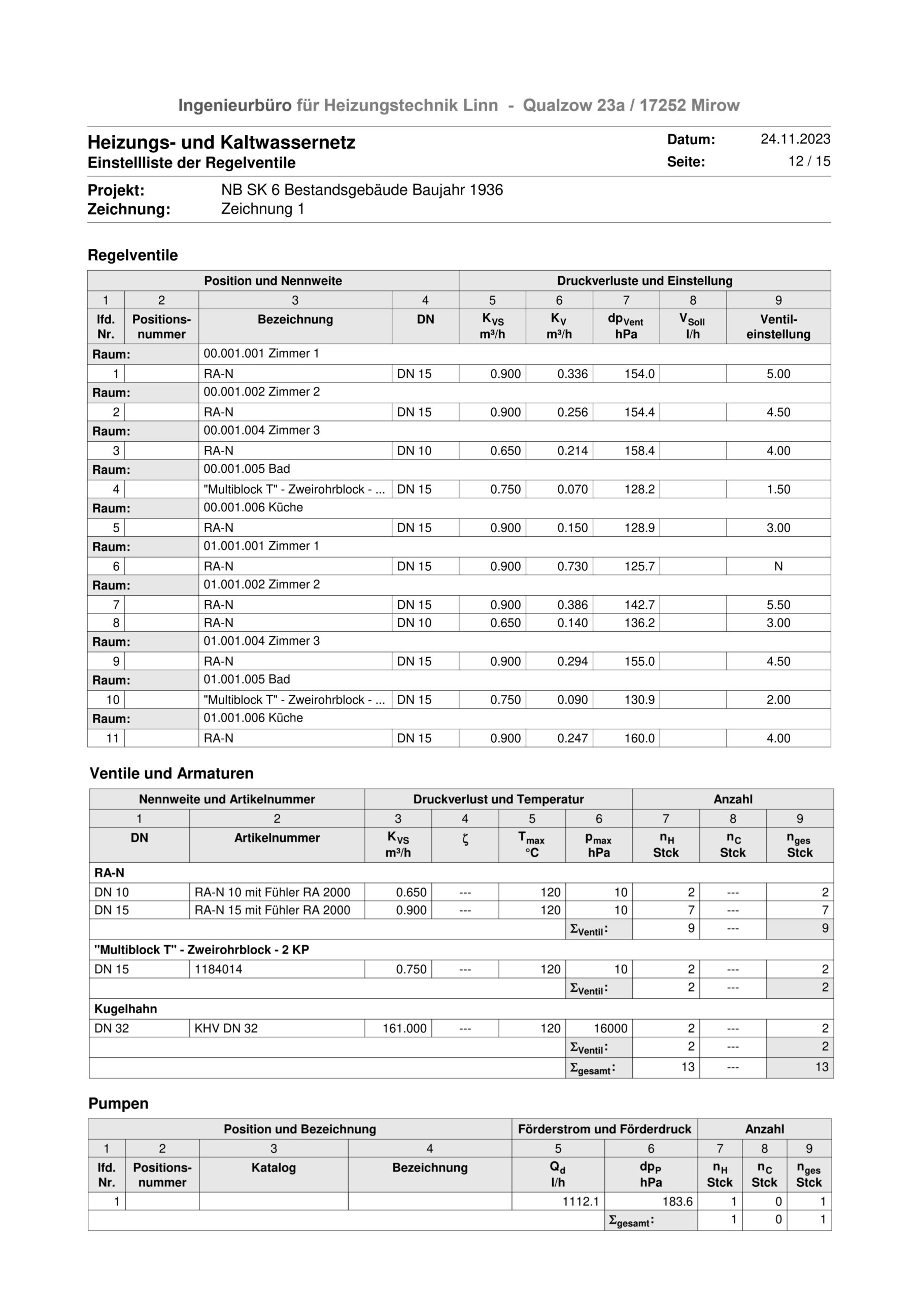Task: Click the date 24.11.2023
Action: click(795, 139)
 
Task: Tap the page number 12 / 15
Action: click(809, 161)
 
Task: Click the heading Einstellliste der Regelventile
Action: click(191, 163)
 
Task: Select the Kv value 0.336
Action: click(572, 374)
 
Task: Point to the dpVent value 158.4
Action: click(639, 451)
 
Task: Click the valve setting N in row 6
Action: click(778, 566)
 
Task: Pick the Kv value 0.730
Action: click(572, 566)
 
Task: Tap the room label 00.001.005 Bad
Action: click(247, 469)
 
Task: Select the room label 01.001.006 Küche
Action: click(253, 718)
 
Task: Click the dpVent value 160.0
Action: click(639, 738)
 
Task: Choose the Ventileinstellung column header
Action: click(778, 327)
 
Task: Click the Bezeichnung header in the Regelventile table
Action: click(295, 319)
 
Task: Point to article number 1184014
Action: click(219, 969)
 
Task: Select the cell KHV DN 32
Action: click(226, 1028)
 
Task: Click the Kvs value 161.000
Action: click(404, 1028)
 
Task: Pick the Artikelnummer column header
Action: click(277, 838)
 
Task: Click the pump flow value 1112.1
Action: click(580, 1201)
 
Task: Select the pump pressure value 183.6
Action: click(677, 1201)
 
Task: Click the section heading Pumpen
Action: click(118, 1103)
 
